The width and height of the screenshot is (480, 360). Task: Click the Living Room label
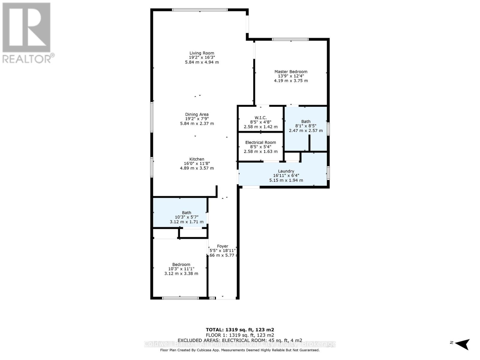coord(202,53)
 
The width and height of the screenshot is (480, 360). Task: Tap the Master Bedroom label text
coord(291,72)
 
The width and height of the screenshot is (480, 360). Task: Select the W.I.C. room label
coord(260,118)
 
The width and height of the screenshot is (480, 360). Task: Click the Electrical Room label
coord(260,142)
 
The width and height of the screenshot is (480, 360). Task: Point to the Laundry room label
coord(286,171)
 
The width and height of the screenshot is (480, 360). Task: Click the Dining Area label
coord(197,114)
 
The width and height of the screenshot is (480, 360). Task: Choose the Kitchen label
coord(197,159)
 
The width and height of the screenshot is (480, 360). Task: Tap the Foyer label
coord(223,246)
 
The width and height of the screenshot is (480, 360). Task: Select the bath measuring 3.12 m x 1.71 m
coord(186,217)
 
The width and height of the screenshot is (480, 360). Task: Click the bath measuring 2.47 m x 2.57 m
coord(306,126)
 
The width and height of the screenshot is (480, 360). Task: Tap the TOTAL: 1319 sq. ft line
coord(240,329)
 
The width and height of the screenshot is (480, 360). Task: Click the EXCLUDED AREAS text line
coord(240,340)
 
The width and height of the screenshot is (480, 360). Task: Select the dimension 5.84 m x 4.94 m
coord(202,62)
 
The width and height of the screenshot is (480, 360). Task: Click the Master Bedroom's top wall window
coord(290,39)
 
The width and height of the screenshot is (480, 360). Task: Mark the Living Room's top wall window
coord(200,10)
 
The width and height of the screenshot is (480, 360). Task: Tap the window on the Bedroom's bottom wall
coord(180,298)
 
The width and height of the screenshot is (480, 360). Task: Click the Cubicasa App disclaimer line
coord(240,350)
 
